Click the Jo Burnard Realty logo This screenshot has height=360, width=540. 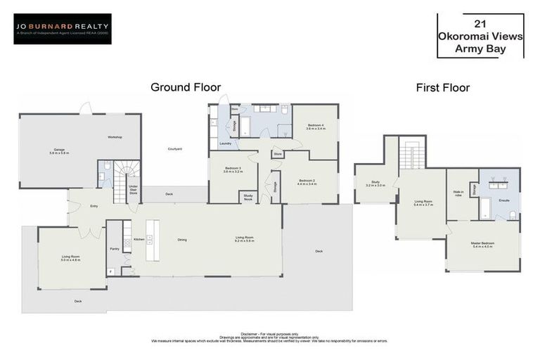62,29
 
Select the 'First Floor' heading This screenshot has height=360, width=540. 442,88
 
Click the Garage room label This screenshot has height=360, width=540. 59,150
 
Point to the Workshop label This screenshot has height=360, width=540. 115,136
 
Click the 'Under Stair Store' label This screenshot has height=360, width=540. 133,191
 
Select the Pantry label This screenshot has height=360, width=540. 115,248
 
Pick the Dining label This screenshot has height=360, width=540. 182,240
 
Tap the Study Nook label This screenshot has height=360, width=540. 247,197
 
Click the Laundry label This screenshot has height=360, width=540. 225,143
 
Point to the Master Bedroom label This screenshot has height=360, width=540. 482,245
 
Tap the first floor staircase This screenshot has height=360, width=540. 412,151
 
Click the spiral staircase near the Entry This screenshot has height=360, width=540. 127,173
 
